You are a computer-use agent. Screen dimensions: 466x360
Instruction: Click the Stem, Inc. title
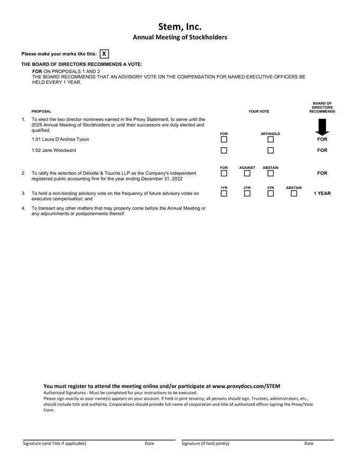[x=180, y=26]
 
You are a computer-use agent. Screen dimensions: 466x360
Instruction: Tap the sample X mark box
[x=104, y=54]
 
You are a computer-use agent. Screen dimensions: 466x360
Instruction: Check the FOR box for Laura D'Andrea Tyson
[x=224, y=140]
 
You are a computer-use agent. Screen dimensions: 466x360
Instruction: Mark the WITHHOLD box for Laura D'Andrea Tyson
[x=271, y=140]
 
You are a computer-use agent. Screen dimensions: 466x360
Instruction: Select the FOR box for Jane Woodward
[x=224, y=150]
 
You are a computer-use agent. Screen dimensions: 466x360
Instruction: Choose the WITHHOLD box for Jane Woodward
[x=271, y=150]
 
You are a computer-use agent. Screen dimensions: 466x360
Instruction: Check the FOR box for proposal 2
[x=224, y=173]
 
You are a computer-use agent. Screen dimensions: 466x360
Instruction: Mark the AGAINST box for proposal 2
[x=247, y=173]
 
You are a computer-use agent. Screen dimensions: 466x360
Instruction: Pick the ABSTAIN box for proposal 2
[x=271, y=173]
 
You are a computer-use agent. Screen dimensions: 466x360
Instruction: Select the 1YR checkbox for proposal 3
[x=224, y=193]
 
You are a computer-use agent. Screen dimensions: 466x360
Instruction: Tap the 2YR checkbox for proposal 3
[x=247, y=193]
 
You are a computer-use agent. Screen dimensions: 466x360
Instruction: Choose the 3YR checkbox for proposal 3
[x=271, y=193]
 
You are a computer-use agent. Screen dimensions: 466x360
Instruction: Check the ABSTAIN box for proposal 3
[x=294, y=193]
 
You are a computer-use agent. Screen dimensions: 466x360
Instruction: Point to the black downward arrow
[x=322, y=127]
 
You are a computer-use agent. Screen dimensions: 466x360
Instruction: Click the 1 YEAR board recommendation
[x=322, y=193]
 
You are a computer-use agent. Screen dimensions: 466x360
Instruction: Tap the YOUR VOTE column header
[x=259, y=112]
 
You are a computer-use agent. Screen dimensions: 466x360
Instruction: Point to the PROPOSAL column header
[x=41, y=112]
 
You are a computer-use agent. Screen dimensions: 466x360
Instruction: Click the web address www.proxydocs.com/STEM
[x=246, y=386]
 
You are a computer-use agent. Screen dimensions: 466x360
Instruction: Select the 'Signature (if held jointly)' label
[x=205, y=443]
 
